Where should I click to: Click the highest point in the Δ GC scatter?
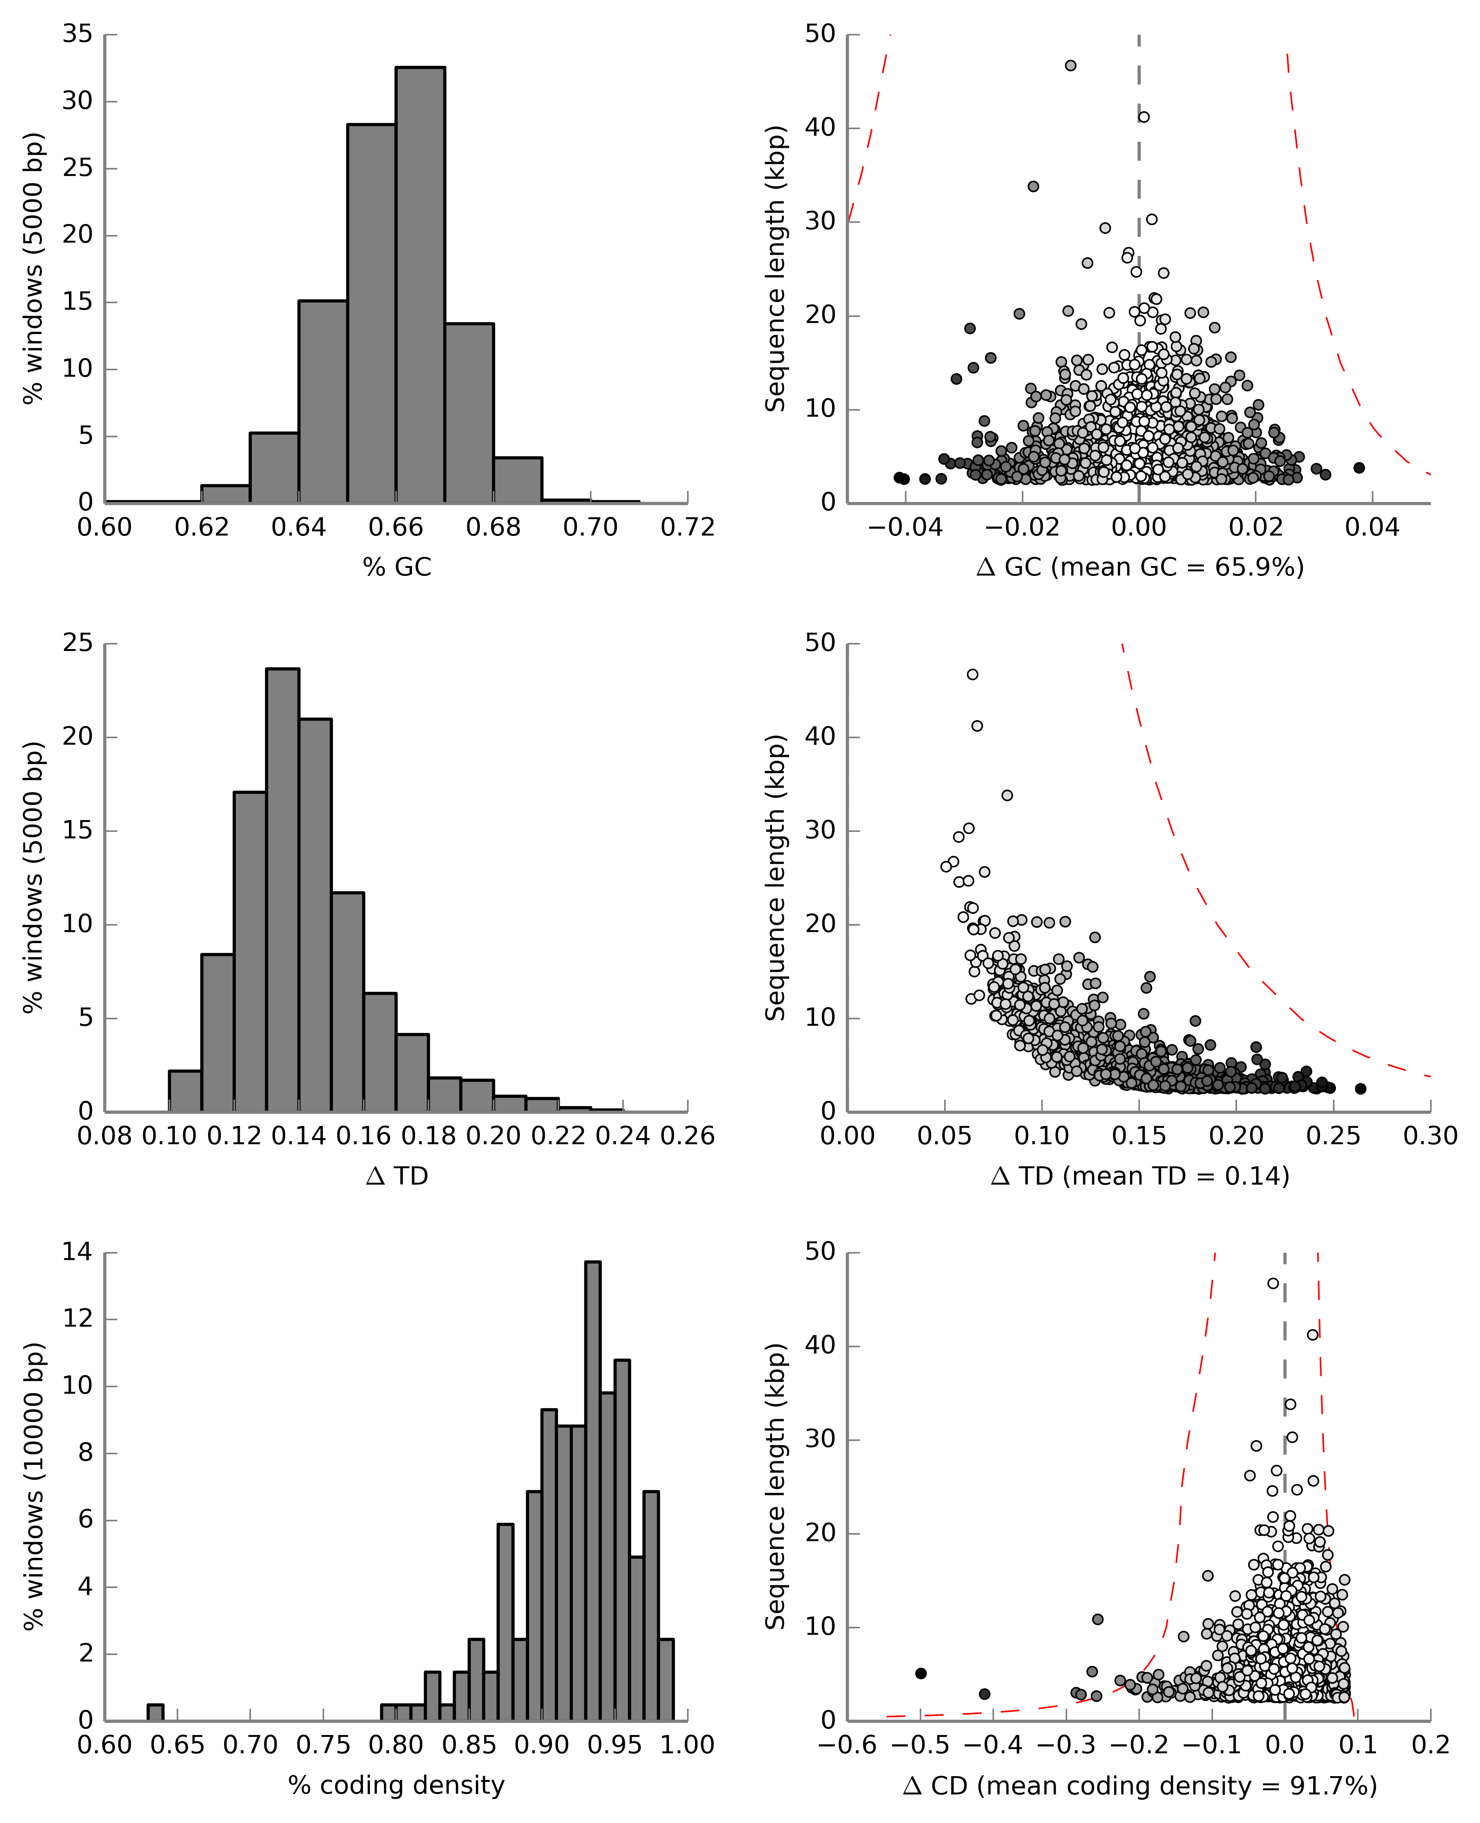point(1071,66)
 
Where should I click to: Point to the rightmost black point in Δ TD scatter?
point(1361,1089)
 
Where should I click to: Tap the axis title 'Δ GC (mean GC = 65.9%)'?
point(1140,567)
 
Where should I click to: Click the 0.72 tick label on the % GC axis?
point(687,528)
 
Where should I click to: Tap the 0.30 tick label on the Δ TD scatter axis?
point(1430,1137)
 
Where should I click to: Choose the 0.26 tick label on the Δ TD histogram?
point(687,1137)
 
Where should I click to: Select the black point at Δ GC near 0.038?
point(1359,468)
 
